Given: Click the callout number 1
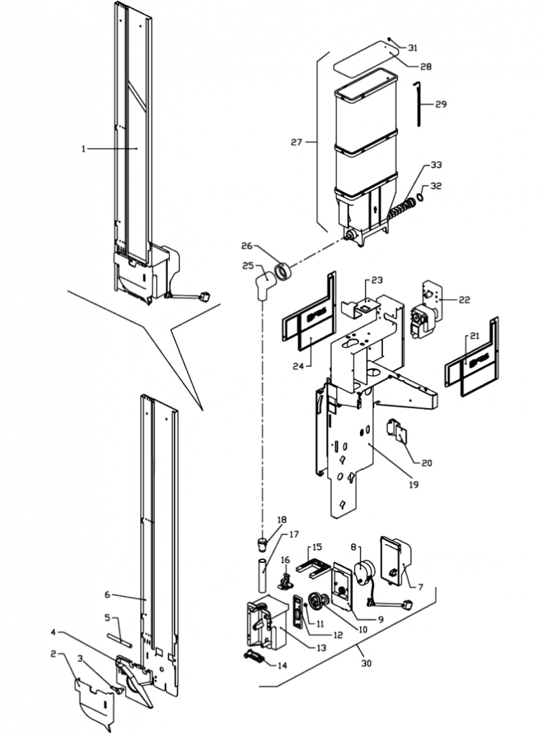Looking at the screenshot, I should pyautogui.click(x=84, y=148).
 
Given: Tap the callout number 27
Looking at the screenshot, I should pyautogui.click(x=296, y=142).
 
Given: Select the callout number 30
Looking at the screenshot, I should pyautogui.click(x=366, y=663).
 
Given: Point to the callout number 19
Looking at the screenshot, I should pyautogui.click(x=413, y=484).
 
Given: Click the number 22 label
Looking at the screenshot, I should pyautogui.click(x=464, y=299).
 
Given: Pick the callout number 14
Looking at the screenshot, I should pyautogui.click(x=282, y=665).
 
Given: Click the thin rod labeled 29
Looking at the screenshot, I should pyautogui.click(x=418, y=105).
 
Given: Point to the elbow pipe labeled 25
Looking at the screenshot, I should pyautogui.click(x=262, y=283).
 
